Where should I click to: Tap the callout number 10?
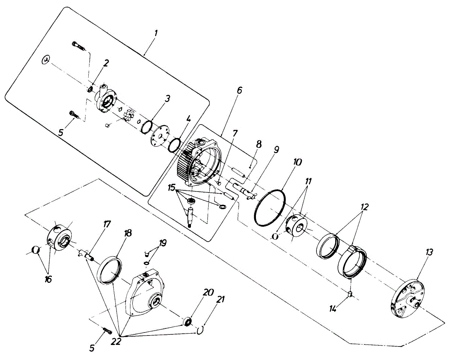pos(298,163)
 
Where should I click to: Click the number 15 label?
pos(172,187)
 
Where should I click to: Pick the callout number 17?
pos(107,225)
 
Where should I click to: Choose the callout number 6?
pos(239,90)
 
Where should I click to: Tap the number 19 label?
pos(163,243)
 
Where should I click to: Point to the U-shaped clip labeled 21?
pos(201,330)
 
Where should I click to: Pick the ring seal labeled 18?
pos(110,269)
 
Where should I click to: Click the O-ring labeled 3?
pos(145,126)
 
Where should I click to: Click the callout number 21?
pos(221,299)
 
